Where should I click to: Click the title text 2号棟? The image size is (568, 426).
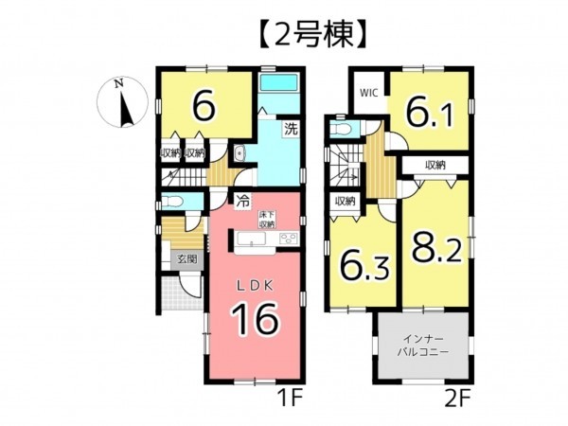pos(285,35)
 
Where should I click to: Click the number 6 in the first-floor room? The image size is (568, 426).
pos(202,106)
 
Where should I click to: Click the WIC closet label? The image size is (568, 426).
pos(368,95)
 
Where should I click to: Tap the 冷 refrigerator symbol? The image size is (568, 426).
pos(243,201)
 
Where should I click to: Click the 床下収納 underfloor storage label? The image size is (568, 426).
pos(268,220)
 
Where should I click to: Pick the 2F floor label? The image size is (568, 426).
pos(458,399)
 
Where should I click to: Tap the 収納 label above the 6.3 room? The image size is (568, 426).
pos(344,201)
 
